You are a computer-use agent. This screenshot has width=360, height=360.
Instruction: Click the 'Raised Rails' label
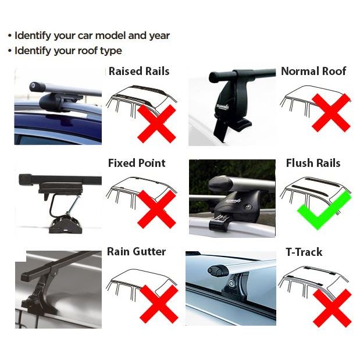tap(139, 72)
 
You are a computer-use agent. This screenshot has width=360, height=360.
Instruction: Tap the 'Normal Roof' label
tap(313, 71)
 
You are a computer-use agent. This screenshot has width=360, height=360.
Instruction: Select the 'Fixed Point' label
tap(137, 163)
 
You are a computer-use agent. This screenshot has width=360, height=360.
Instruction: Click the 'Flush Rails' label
tap(313, 163)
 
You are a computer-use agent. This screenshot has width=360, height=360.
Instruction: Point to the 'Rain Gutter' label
tap(136, 252)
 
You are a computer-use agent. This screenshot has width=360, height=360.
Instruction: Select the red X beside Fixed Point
tap(156, 209)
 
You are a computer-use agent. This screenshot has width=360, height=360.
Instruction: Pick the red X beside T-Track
tap(332, 308)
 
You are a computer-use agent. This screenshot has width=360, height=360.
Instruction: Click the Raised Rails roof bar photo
tap(58, 105)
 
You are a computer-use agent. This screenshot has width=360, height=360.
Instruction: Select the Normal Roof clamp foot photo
tap(231, 105)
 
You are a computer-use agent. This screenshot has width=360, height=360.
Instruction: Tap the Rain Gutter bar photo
tap(58, 287)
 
